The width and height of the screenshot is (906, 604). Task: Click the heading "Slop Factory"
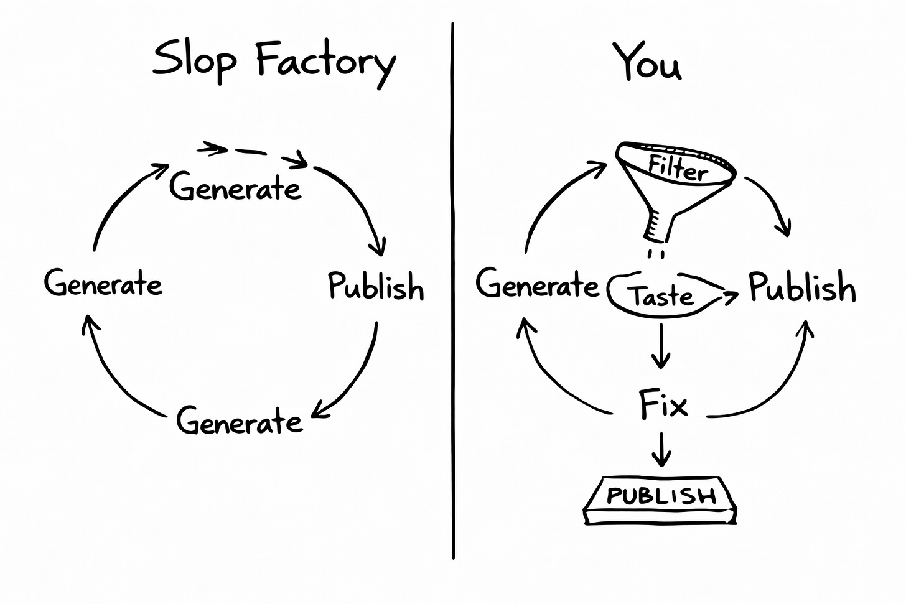click(274, 61)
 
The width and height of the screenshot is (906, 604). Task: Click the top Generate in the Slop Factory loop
click(235, 187)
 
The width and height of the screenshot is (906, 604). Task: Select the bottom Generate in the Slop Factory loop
click(240, 421)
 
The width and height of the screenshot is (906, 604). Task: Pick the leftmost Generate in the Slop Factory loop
click(103, 284)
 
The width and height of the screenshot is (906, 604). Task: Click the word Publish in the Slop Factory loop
click(376, 286)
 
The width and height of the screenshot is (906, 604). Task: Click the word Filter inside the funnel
click(678, 168)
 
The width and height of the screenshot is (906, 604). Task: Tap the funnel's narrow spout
click(658, 228)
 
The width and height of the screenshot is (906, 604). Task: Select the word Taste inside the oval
click(662, 296)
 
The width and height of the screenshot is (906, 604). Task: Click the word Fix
click(663, 406)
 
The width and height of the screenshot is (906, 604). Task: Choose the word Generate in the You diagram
click(536, 285)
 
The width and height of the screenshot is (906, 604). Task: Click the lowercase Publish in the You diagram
click(801, 287)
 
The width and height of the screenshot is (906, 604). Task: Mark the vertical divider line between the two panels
click(453, 292)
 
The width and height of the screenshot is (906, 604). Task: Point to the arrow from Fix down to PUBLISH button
click(661, 449)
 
